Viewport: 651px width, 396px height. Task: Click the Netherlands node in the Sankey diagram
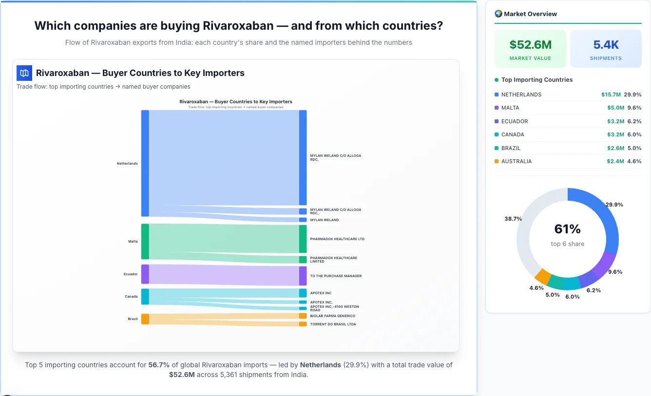point(145,163)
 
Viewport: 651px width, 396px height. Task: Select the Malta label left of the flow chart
point(133,242)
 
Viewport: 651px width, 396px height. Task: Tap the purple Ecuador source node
point(145,274)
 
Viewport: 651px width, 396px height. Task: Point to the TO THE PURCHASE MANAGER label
point(336,276)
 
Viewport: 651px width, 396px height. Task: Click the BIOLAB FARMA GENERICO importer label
point(332,316)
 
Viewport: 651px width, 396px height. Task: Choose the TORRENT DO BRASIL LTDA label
point(333,324)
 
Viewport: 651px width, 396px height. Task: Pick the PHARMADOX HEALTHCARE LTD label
point(337,239)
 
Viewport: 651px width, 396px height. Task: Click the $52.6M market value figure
point(530,45)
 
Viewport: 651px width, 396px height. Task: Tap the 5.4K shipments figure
point(606,45)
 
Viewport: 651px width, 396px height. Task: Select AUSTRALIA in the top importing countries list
point(516,161)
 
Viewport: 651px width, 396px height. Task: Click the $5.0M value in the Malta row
point(615,108)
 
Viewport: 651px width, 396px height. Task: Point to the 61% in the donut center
point(567,229)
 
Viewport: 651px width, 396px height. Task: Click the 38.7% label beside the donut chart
point(513,219)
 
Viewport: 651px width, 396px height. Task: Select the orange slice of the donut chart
point(542,276)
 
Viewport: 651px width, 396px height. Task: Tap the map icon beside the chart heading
point(24,73)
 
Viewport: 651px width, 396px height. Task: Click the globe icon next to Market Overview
point(498,14)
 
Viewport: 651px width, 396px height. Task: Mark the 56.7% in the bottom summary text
point(159,365)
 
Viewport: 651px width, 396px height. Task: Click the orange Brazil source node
point(145,319)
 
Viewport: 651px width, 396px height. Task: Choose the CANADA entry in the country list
point(512,134)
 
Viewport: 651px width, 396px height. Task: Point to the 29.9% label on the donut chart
point(614,205)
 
